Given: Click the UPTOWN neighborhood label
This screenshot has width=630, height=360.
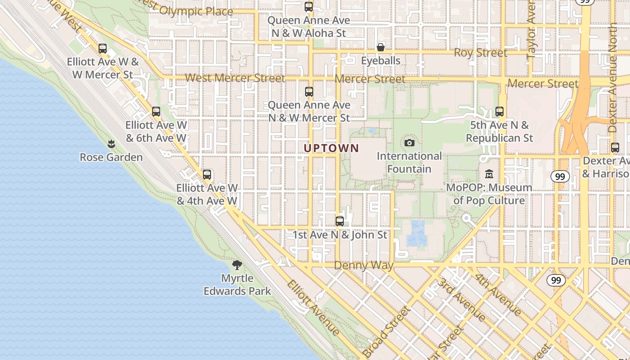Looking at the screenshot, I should pyautogui.click(x=331, y=148).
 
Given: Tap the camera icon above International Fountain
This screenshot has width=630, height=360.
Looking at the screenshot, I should pyautogui.click(x=409, y=143).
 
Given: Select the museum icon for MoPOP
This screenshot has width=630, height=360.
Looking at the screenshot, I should pyautogui.click(x=489, y=174).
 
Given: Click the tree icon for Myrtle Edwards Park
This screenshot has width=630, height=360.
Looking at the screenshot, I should pyautogui.click(x=237, y=265).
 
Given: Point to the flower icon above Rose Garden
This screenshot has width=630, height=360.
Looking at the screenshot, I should pyautogui.click(x=111, y=144).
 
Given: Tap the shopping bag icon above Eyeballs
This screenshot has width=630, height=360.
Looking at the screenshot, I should pyautogui.click(x=381, y=47).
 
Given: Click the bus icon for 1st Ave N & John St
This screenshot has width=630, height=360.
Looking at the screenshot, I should pyautogui.click(x=340, y=221).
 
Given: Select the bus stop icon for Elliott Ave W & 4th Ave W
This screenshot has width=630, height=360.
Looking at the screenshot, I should pyautogui.click(x=207, y=175).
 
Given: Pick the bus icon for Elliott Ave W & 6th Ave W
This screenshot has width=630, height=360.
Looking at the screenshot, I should pyautogui.click(x=156, y=112).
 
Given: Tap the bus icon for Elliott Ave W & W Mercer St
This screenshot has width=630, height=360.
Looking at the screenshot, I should pyautogui.click(x=103, y=49).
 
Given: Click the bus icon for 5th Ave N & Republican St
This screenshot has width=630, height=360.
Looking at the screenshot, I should pyautogui.click(x=499, y=112).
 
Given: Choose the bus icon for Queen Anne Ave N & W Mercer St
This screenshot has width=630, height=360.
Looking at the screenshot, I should pyautogui.click(x=309, y=92).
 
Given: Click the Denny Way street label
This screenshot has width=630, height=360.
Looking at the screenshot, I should pyautogui.click(x=364, y=265).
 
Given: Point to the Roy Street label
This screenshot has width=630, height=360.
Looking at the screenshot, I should pyautogui.click(x=480, y=53).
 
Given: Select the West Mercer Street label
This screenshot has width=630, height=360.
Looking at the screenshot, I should pyautogui.click(x=235, y=78).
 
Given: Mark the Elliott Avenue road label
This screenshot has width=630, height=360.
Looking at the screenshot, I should pyautogui.click(x=314, y=308).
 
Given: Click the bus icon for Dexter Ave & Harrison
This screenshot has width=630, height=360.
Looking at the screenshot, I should pyautogui.click(x=615, y=148).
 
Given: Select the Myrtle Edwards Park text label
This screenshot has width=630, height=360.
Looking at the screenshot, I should pyautogui.click(x=237, y=285).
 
